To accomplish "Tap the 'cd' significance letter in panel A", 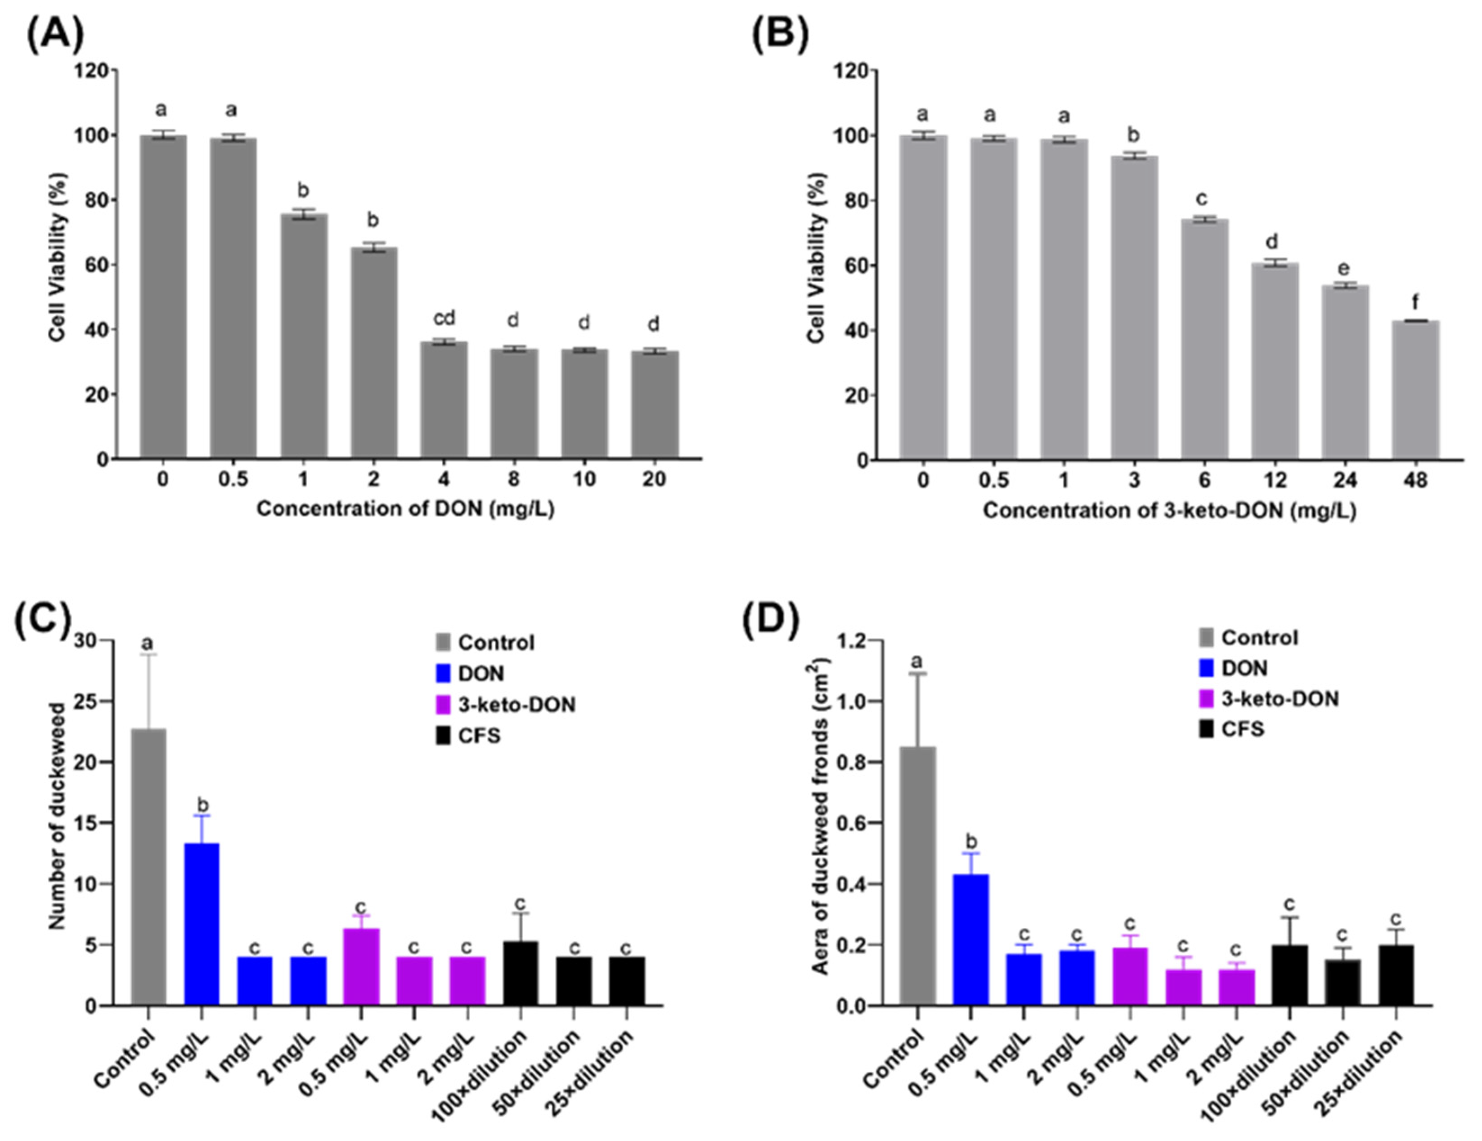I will click(x=444, y=318).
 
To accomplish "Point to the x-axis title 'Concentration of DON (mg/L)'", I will click(x=405, y=509).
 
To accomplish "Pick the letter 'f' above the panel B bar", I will click(x=1415, y=301).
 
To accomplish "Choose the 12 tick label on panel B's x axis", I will click(x=1275, y=481).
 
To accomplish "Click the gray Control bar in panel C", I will click(x=148, y=867).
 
